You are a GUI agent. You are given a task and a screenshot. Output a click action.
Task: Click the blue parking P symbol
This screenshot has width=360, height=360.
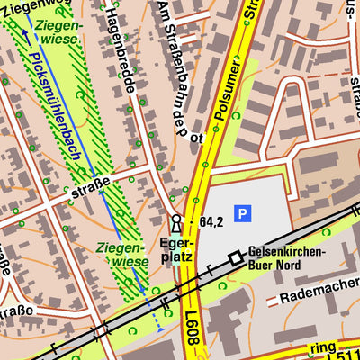pos(242,213)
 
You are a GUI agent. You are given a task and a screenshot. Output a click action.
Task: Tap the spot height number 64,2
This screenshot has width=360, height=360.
pos(211,222)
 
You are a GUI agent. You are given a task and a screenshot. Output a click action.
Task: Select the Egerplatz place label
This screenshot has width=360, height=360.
pos(176,249)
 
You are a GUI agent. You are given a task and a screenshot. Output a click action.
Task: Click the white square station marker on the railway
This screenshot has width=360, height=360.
pos(236,258)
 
